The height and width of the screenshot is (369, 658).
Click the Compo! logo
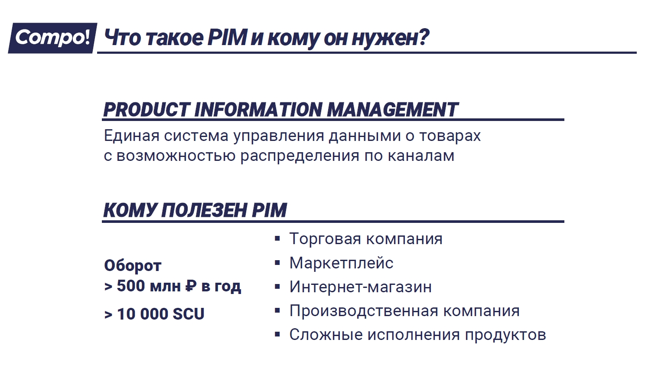click(x=52, y=38)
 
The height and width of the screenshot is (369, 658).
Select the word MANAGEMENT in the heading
click(x=392, y=110)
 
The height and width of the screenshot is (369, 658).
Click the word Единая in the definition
click(x=132, y=136)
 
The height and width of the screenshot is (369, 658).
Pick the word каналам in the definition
click(x=421, y=156)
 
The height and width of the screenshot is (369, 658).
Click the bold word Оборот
click(x=133, y=266)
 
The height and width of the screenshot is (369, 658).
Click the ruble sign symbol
click(x=191, y=286)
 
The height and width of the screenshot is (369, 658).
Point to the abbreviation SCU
click(x=188, y=314)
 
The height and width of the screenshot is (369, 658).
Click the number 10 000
click(x=143, y=314)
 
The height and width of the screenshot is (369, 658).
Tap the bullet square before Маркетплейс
click(x=277, y=263)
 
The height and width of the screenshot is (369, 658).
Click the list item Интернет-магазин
click(x=361, y=287)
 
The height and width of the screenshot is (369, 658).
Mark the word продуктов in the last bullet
click(x=505, y=335)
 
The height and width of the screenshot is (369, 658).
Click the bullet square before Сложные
click(x=277, y=334)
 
